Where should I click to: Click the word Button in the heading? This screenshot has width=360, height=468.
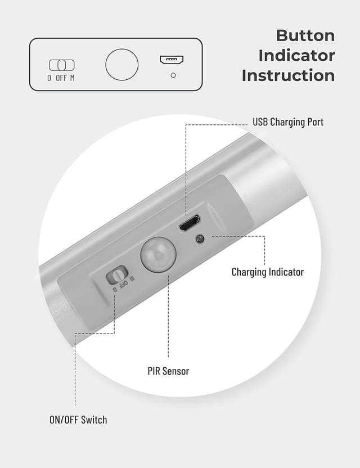(305, 35)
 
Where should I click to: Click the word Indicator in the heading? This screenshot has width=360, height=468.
(296, 56)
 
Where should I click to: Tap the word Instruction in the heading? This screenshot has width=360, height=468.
(288, 75)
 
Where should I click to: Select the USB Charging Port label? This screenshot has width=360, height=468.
(288, 122)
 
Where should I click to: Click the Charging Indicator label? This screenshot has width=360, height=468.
(267, 272)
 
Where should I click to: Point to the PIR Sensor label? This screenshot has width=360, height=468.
(168, 371)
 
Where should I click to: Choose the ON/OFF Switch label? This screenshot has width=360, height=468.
(78, 420)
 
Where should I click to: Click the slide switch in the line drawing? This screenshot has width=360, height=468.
(61, 65)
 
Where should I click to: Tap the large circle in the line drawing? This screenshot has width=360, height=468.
(121, 64)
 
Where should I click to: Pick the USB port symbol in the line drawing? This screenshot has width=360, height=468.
(173, 60)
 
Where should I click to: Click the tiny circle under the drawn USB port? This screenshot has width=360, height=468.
(173, 75)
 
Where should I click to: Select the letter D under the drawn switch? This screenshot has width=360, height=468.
(49, 78)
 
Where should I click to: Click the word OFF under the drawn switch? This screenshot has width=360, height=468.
(61, 78)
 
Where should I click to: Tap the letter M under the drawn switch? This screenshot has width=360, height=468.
(73, 78)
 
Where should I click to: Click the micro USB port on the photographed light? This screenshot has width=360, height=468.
(190, 223)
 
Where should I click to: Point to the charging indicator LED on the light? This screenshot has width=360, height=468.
(199, 239)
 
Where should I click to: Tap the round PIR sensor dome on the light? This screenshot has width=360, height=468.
(158, 254)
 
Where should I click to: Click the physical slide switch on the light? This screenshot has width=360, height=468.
(116, 275)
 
